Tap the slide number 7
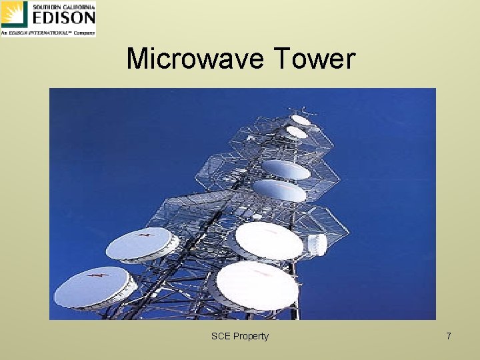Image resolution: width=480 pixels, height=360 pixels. point(449,336)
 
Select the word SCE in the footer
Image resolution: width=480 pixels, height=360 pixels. point(220,336)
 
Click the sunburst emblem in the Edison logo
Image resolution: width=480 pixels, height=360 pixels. point(14,15)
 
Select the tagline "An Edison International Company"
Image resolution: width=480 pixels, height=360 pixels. point(48,32)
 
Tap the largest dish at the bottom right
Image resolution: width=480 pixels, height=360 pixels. point(257,285)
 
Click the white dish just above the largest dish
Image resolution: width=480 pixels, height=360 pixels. point(269,240)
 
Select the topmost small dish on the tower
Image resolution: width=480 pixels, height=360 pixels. point(301,120)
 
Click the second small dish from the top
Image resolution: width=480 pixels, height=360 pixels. point(296,133)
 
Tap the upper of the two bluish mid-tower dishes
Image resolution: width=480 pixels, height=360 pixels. point(285,169)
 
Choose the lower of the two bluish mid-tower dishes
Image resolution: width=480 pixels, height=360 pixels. point(280,191)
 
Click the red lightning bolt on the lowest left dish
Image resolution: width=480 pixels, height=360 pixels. point(100,275)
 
